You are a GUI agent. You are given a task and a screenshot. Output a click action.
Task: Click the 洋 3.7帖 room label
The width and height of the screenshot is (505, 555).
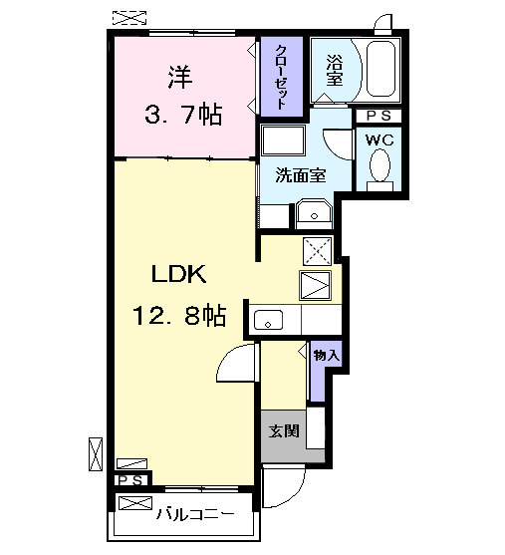pyautogui.click(x=179, y=96)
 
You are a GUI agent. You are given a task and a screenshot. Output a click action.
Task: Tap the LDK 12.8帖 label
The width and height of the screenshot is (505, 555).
pyautogui.click(x=179, y=296)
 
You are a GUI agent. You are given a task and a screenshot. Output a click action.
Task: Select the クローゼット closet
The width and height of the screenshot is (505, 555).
pyautogui.click(x=282, y=78)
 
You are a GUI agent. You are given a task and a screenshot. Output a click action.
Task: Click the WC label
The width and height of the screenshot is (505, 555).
pyautogui.click(x=379, y=139)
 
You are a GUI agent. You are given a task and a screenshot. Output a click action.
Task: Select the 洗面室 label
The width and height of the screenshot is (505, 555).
pyautogui.click(x=300, y=175)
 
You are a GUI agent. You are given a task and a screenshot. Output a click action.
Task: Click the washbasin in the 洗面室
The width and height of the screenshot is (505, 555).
pyautogui.click(x=314, y=213)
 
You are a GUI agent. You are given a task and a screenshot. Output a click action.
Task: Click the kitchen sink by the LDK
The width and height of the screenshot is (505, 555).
pyautogui.click(x=269, y=320)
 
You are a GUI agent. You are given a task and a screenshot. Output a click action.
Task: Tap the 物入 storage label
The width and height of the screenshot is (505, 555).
pyautogui.click(x=326, y=355)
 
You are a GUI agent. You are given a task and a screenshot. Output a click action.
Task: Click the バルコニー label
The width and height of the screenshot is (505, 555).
pyautogui.click(x=195, y=515)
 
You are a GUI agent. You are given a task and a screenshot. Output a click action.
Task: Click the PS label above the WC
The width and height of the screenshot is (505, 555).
pyautogui.click(x=379, y=116)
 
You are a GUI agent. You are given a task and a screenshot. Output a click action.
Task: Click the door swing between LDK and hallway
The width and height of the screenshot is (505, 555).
pyautogui.click(x=237, y=366)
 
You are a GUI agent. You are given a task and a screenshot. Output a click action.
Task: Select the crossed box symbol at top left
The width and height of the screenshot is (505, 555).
pyautogui.click(x=128, y=17)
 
